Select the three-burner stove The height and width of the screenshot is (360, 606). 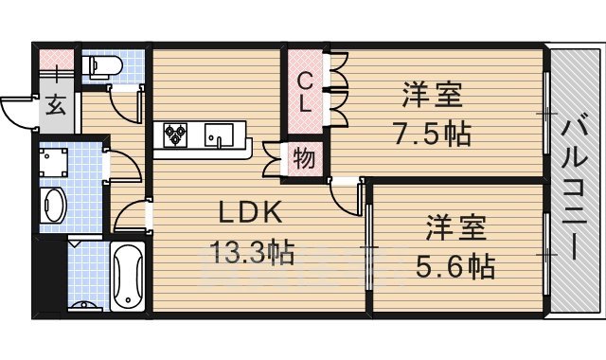click(x=177, y=136)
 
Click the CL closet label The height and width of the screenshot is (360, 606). click(x=306, y=93)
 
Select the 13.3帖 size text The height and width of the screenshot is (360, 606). click(x=251, y=252)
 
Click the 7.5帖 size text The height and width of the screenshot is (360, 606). click(x=432, y=133)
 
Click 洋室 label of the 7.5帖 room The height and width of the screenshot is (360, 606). click(x=432, y=95)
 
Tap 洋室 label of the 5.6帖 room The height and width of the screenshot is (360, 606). click(x=456, y=229)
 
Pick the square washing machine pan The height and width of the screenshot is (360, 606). click(x=52, y=161)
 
